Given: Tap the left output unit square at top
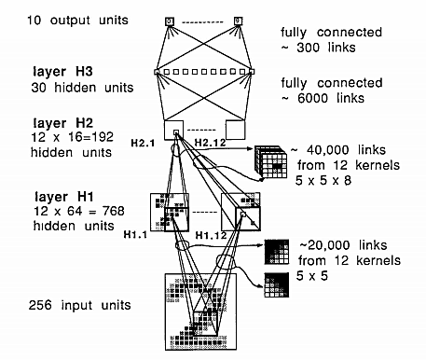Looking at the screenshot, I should [x=170, y=20].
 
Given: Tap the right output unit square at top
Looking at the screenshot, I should [x=238, y=19].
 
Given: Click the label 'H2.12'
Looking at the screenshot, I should [x=213, y=141].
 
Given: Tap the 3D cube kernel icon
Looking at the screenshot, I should [x=272, y=164].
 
